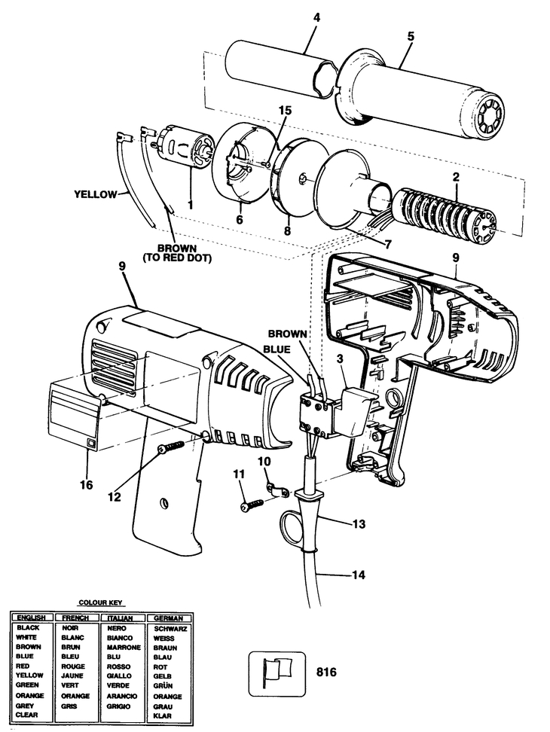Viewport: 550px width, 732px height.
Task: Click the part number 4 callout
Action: pos(316,18)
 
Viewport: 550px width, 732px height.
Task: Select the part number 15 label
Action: pos(284,111)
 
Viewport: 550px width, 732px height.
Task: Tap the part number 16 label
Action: pos(87,485)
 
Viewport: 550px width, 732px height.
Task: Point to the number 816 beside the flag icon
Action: pos(326,673)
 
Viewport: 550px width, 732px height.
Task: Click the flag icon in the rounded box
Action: pos(277,674)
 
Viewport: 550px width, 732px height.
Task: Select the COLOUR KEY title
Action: pos(100,602)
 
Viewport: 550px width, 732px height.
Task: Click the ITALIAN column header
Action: pos(120,618)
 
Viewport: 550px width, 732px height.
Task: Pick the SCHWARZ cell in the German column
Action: pos(170,629)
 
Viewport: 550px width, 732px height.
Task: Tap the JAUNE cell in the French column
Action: pos(72,676)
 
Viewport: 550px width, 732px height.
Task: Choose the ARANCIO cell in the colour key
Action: pos(121,696)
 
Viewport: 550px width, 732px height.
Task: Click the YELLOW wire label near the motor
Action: pos(95,194)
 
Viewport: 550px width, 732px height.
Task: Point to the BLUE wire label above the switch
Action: pos(277,349)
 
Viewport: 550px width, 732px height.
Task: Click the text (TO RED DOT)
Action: pos(177,258)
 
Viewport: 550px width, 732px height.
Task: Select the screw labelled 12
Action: pos(171,447)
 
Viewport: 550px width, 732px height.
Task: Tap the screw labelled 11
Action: pos(252,505)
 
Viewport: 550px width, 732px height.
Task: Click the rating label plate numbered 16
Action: pos(75,414)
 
